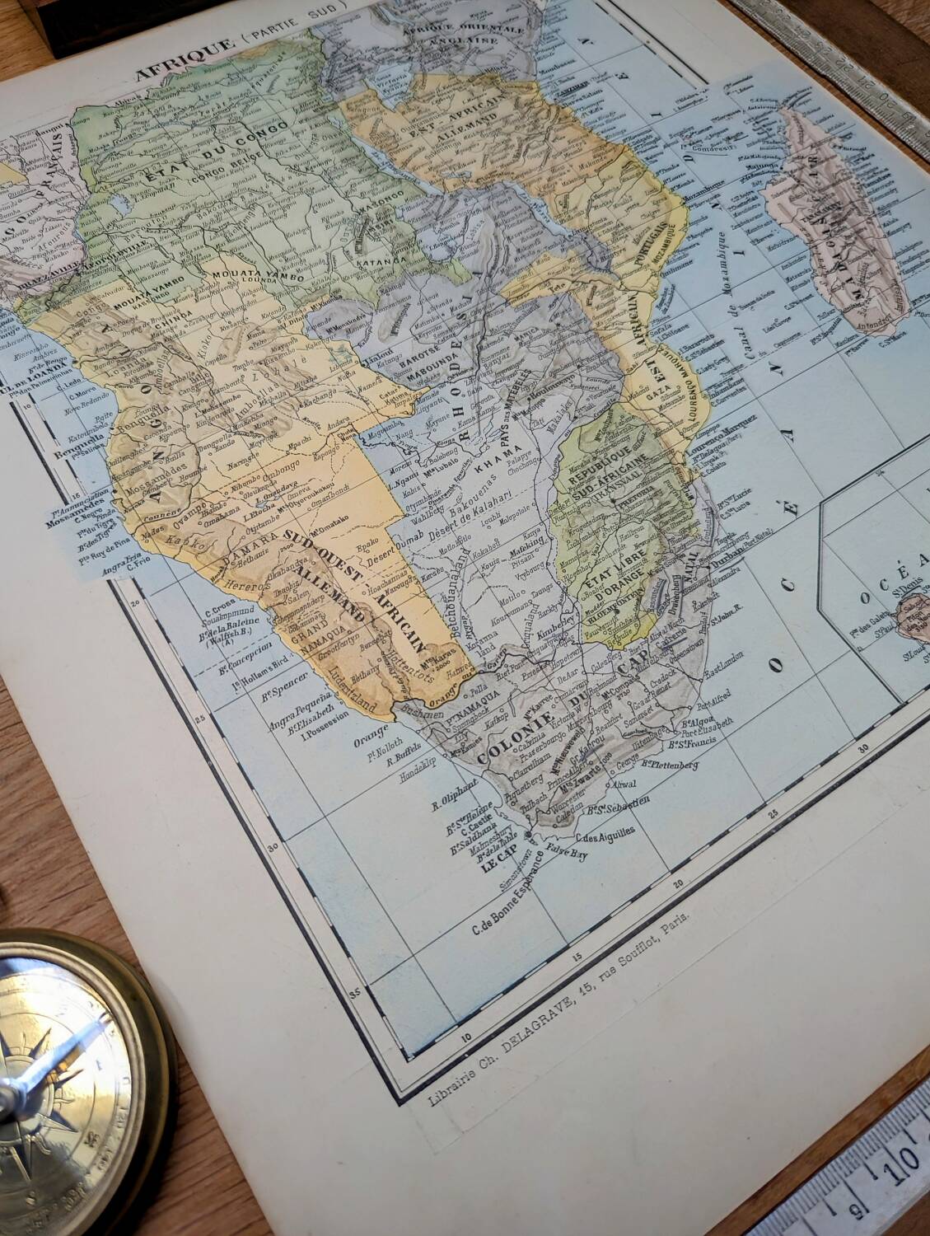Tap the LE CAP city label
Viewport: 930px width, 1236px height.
pyautogui.click(x=475, y=866)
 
